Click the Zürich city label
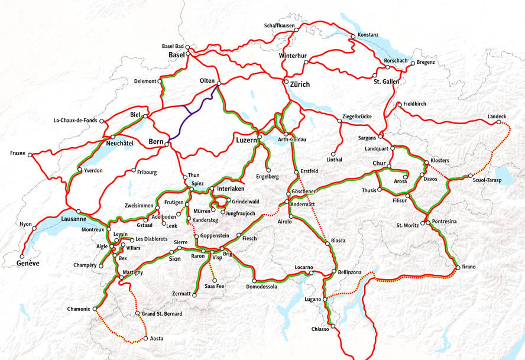point(300,85)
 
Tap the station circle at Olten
point(219,83)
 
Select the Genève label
point(28,263)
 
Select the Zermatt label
point(182,294)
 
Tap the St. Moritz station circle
point(424,223)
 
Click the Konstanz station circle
point(353,37)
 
